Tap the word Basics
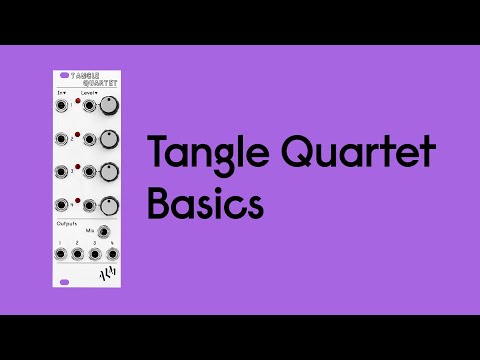pos(205,204)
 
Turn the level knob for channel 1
pos(108,104)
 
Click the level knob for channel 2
pos(108,139)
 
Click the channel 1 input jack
pos(63,104)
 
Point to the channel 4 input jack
pos(63,205)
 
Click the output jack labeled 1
pos(61,254)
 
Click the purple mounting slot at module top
pos(65,75)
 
